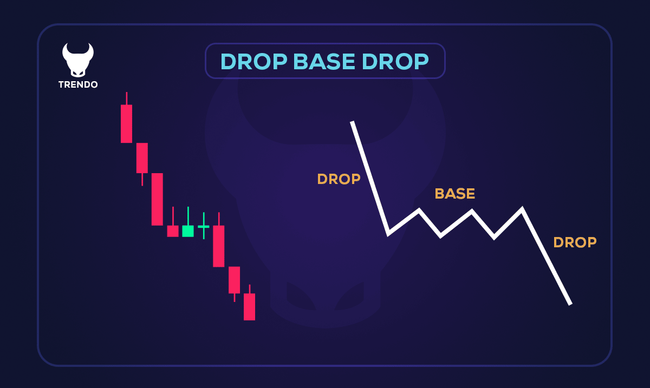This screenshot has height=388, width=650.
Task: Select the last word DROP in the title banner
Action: click(395, 62)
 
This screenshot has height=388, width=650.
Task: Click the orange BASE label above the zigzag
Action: click(454, 194)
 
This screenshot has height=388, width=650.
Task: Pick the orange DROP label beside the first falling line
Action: click(339, 179)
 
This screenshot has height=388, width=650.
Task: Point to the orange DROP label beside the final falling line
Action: click(575, 242)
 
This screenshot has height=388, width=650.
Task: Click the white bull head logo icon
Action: click(78, 60)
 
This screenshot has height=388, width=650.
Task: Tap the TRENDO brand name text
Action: click(78, 85)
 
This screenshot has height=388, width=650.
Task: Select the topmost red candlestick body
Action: click(126, 123)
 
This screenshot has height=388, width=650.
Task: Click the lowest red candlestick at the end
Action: click(249, 306)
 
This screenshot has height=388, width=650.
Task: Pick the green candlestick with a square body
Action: click(188, 231)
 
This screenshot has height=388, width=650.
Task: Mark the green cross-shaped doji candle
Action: click(204, 226)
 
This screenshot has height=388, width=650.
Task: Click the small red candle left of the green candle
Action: click(173, 231)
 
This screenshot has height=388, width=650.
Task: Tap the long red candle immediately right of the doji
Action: click(218, 246)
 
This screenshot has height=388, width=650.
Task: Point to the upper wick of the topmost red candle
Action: click(126, 98)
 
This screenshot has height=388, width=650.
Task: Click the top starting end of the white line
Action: click(352, 123)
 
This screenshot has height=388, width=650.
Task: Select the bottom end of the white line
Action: click(570, 303)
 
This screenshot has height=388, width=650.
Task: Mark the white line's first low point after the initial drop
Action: click(388, 233)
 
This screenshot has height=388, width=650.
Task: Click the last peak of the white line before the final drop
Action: click(522, 209)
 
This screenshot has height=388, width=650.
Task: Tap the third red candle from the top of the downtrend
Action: click(157, 199)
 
